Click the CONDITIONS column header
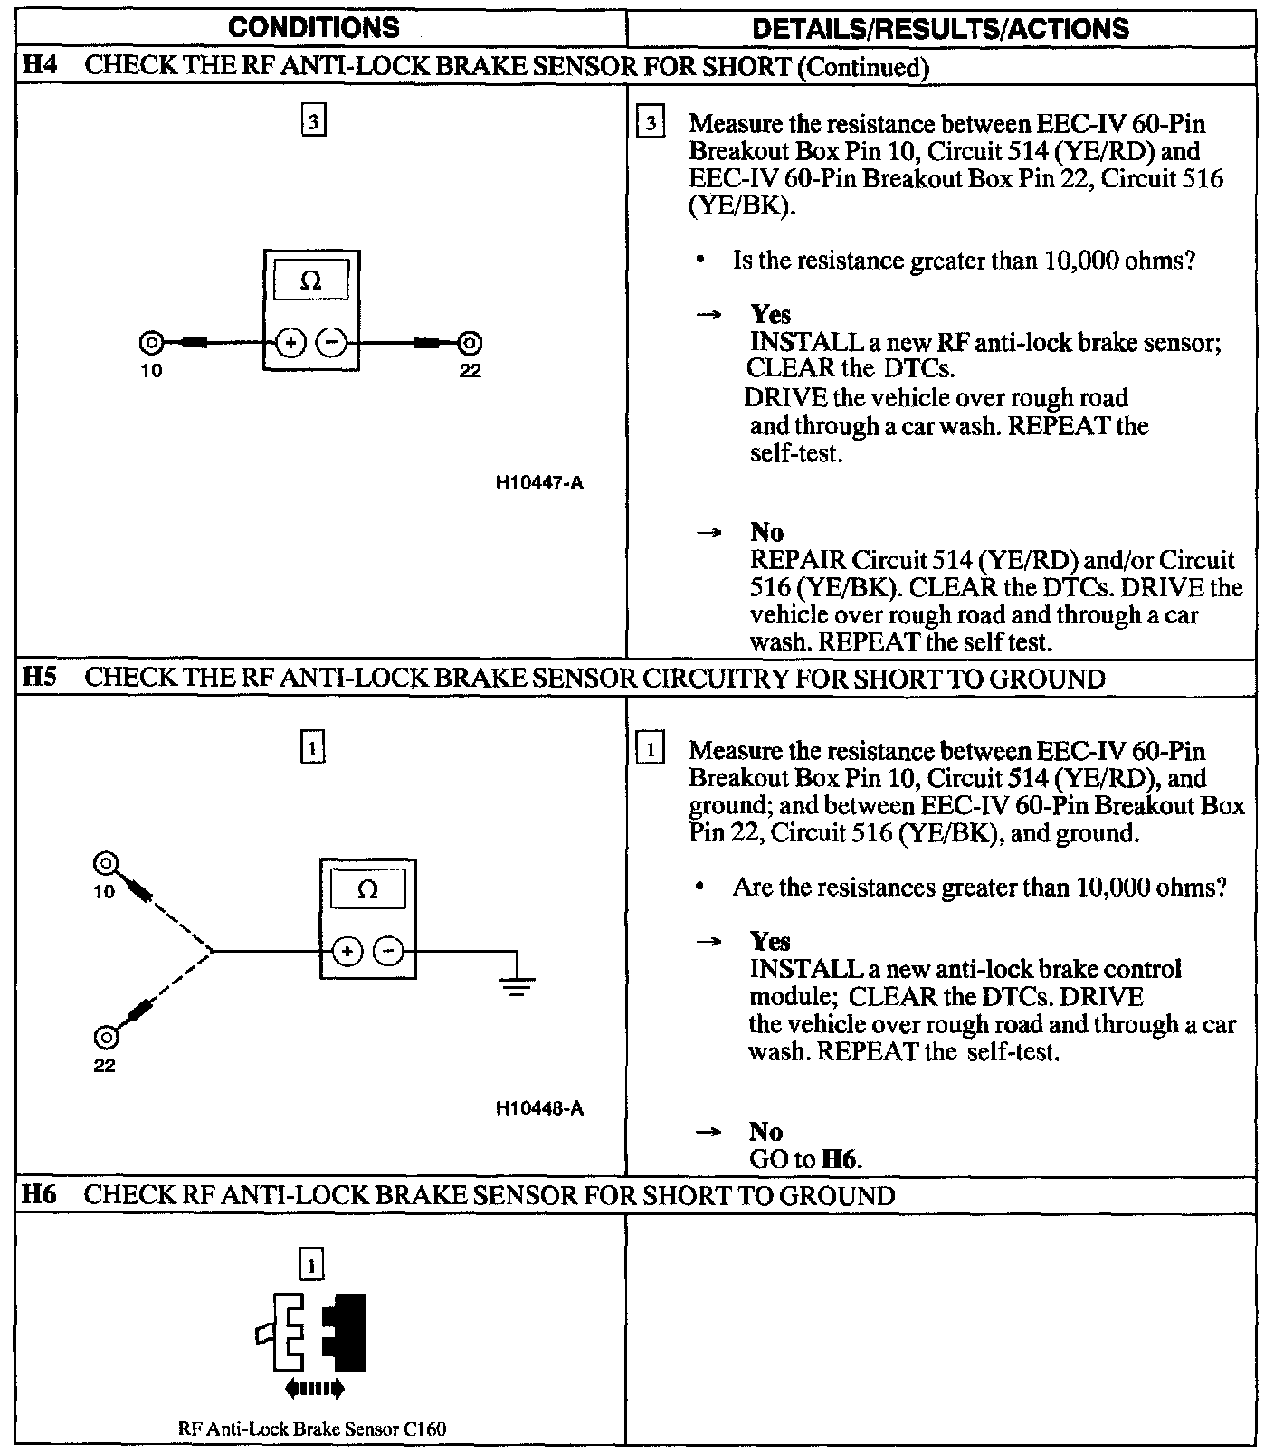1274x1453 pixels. tap(313, 28)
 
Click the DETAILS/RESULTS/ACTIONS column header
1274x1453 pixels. tap(940, 29)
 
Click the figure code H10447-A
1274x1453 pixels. tap(539, 483)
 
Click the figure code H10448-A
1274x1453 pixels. tap(539, 1108)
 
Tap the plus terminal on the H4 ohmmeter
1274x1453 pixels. tap(291, 343)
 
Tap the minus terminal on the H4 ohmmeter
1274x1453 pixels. tap(332, 343)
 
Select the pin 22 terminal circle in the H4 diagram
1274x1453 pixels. tap(469, 343)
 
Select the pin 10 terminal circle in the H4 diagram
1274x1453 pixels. tap(151, 343)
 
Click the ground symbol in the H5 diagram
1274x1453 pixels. tap(516, 983)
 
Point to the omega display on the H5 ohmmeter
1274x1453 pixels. tap(367, 890)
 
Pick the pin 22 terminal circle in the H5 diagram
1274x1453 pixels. tap(105, 1037)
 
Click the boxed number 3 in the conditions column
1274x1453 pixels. tap(313, 121)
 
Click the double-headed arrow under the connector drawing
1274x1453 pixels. tap(313, 1388)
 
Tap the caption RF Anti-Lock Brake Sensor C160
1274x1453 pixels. tap(312, 1429)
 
